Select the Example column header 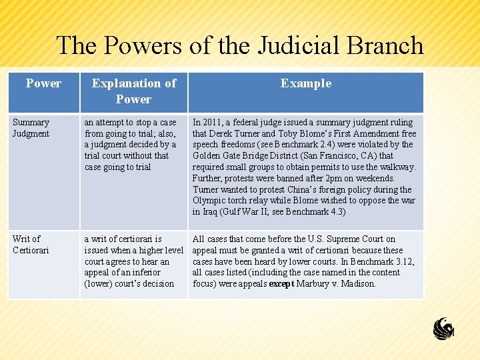[x=306, y=83]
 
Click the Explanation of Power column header [x=133, y=91]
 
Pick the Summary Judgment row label [x=31, y=128]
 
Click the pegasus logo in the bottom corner [x=443, y=329]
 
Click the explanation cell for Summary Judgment [x=132, y=145]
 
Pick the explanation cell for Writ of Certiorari [x=133, y=261]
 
